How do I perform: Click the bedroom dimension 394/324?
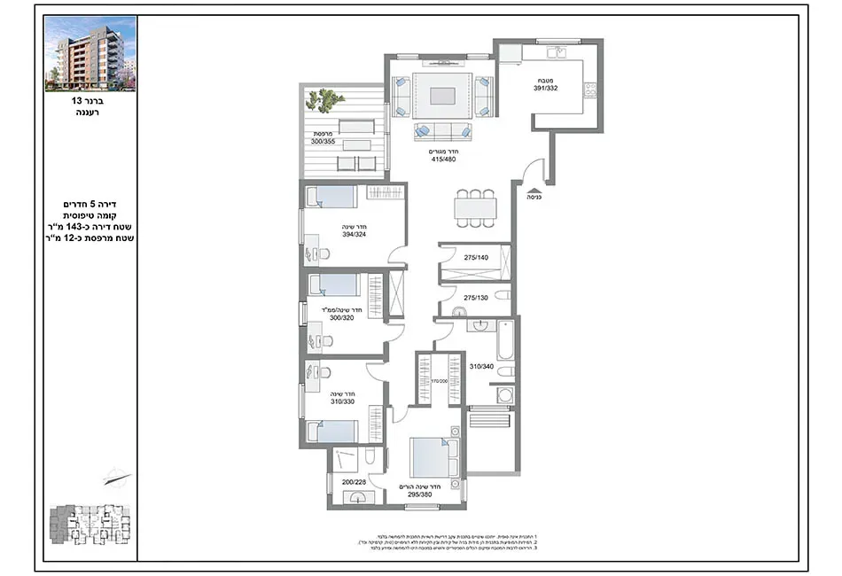pos(354,235)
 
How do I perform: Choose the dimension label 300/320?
pos(340,317)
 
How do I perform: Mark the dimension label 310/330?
pos(341,401)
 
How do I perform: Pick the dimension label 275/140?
pos(476,258)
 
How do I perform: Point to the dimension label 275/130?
pos(476,298)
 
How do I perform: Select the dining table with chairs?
pos(474,207)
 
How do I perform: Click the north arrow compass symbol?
pos(116,479)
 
